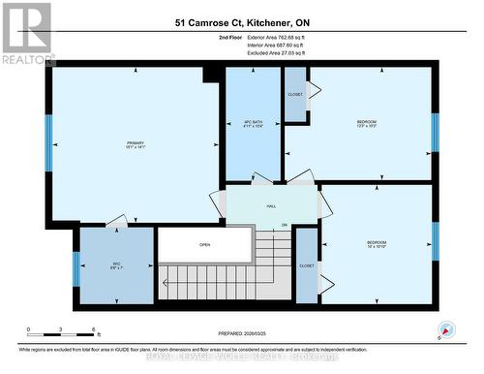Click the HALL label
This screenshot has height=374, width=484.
coord(272,206)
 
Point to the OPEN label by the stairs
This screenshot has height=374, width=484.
coord(205,245)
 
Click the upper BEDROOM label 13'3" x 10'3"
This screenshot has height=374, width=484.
coord(365,124)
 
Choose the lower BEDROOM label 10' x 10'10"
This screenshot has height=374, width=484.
coord(377,244)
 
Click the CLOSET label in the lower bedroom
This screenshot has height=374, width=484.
coord(307,265)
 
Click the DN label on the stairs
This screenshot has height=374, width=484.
coord(285,226)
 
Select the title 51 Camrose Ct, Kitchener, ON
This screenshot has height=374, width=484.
coord(243,21)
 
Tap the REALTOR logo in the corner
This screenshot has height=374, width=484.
coord(26,33)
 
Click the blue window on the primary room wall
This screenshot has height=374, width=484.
coord(48,142)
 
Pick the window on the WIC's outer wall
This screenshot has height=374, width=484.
coord(76,268)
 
